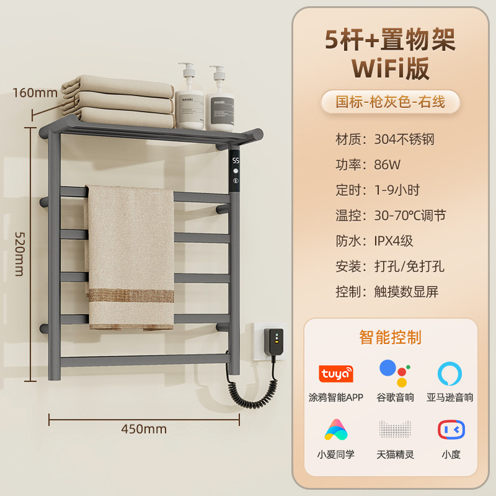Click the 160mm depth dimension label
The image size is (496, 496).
(35, 93)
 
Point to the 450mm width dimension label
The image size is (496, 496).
(144, 428)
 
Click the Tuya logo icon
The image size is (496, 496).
(335, 374)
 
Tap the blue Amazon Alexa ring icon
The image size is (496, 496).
(449, 373)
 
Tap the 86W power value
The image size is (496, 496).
(387, 165)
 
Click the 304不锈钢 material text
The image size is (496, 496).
(404, 139)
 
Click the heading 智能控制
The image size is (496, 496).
(390, 337)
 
